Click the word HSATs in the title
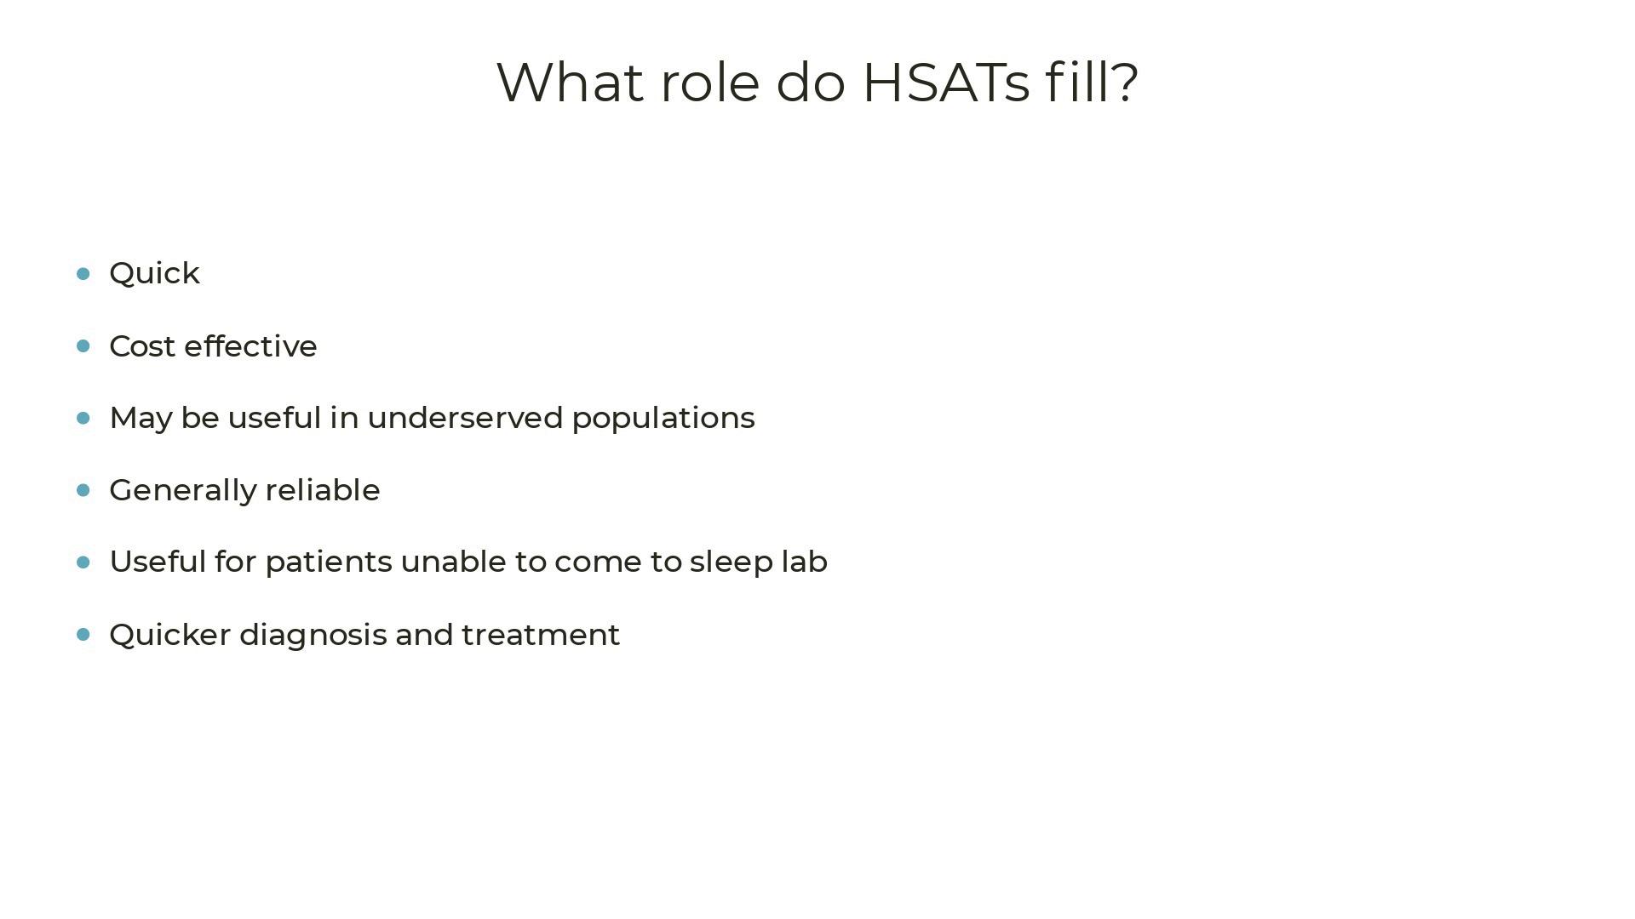click(x=946, y=83)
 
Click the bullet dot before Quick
click(x=83, y=273)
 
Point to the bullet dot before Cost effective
click(x=83, y=345)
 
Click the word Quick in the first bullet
click(x=155, y=274)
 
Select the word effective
click(x=250, y=346)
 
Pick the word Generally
click(x=183, y=491)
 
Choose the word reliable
click(x=323, y=490)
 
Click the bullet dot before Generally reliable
click(x=83, y=490)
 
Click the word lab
click(x=805, y=562)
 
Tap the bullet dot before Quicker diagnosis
click(x=83, y=634)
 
